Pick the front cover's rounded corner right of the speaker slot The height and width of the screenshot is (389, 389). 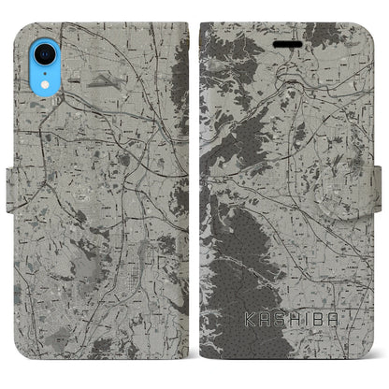[364, 24]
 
